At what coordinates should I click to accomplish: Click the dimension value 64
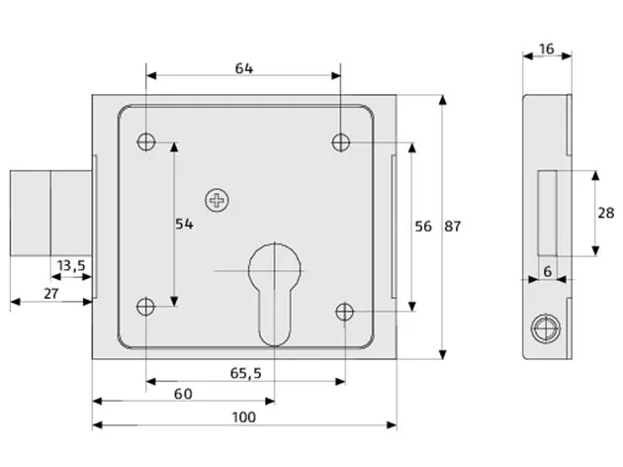coord(244,68)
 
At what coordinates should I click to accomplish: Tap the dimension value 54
coord(183,225)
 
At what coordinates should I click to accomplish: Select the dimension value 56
coord(422,226)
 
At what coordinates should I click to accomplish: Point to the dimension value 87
coord(453,226)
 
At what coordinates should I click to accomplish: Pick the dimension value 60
coord(183,394)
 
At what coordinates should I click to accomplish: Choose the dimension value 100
coord(244,417)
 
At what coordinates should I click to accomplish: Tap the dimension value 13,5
coord(71,265)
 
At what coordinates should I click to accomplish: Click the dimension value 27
coord(52,294)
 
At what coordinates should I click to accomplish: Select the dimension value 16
coord(547,47)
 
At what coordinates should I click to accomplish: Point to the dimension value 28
coord(607,213)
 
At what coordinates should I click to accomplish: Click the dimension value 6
coord(547,270)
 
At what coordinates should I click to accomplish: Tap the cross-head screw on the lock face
coord(217,201)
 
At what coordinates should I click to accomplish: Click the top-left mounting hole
coord(147,141)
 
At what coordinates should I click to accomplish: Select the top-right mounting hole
coord(340,141)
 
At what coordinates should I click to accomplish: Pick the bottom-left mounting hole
coord(147,306)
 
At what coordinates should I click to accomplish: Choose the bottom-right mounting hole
coord(344,313)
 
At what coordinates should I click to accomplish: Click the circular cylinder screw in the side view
coord(542,329)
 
